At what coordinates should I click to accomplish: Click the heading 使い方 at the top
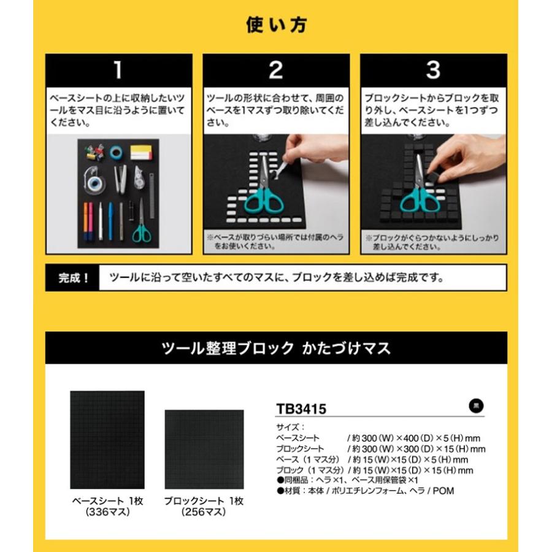click(x=275, y=26)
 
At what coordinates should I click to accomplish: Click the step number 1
click(x=118, y=71)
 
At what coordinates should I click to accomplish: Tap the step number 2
click(x=275, y=71)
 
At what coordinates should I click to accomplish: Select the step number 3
click(x=432, y=71)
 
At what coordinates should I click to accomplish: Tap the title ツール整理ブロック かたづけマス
click(x=275, y=349)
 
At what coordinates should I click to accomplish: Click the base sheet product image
click(x=107, y=439)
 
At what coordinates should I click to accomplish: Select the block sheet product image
click(x=204, y=449)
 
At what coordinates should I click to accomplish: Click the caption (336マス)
click(x=107, y=512)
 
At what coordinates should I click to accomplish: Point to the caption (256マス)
click(x=204, y=512)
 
